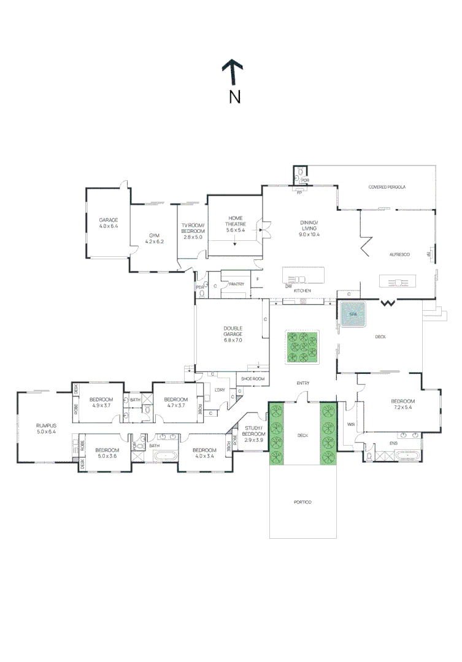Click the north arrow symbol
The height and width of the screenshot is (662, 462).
pyautogui.click(x=233, y=72)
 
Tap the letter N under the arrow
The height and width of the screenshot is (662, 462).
pyautogui.click(x=234, y=96)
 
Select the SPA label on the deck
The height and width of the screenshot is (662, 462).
pyautogui.click(x=352, y=314)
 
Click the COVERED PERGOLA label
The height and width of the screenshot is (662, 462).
pyautogui.click(x=387, y=187)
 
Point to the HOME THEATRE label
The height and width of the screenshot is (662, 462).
pyautogui.click(x=236, y=218)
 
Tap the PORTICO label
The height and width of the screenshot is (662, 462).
pyautogui.click(x=303, y=502)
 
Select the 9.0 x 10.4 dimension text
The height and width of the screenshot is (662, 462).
pyautogui.click(x=309, y=234)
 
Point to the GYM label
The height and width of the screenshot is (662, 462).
pyautogui.click(x=153, y=235)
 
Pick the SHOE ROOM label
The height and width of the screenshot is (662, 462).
pyautogui.click(x=252, y=379)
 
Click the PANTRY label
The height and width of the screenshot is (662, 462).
pyautogui.click(x=236, y=284)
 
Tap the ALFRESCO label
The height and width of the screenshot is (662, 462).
pyautogui.click(x=399, y=254)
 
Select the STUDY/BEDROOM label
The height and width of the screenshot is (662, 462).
pyautogui.click(x=253, y=431)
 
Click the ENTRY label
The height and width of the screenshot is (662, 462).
pyautogui.click(x=303, y=384)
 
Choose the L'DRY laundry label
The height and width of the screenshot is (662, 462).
pyautogui.click(x=219, y=389)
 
